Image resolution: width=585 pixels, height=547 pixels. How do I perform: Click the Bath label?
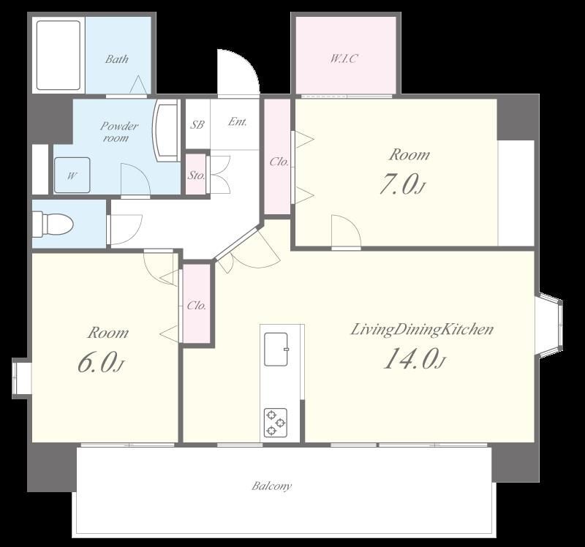117,59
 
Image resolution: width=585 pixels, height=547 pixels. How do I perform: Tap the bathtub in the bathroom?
58,56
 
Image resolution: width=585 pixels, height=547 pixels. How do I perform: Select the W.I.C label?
344,59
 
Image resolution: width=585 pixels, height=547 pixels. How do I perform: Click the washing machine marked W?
72,175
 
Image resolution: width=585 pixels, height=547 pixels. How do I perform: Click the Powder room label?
119,132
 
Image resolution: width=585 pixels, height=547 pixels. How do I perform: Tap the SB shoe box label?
197,124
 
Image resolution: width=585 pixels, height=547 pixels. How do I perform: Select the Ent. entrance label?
237,121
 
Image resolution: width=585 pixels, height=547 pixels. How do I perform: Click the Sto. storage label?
196,175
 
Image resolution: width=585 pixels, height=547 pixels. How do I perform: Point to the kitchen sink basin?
276,350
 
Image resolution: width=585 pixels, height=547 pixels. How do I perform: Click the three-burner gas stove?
276,423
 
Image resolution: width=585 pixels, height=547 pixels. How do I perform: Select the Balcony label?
271,486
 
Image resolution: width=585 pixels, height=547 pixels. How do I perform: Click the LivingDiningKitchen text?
422,330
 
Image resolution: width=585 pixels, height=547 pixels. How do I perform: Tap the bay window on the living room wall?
549,323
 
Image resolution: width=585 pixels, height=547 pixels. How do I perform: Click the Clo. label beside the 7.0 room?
279,162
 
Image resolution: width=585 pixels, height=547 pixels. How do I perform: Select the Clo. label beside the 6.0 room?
196,306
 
